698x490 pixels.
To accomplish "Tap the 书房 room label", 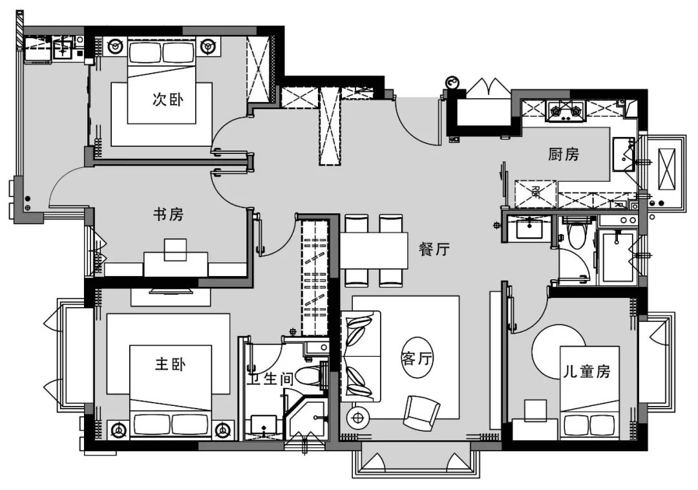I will pyautogui.click(x=168, y=215).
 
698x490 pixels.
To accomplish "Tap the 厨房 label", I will pyautogui.click(x=564, y=154).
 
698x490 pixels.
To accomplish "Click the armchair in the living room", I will pyautogui.click(x=421, y=410).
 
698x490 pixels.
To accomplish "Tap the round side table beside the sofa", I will pyautogui.click(x=356, y=418).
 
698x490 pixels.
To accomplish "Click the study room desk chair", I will pyautogui.click(x=175, y=250).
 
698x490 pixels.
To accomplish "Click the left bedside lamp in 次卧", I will pyautogui.click(x=116, y=47).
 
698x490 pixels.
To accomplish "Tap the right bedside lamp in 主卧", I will pyautogui.click(x=224, y=429).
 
